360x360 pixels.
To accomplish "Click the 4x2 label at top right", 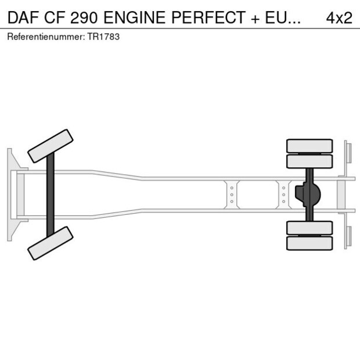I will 339,17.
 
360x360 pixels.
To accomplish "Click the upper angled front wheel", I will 51,146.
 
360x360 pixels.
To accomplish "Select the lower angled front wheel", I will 51,243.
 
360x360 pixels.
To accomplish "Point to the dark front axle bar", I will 51,194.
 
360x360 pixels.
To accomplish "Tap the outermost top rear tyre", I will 309,145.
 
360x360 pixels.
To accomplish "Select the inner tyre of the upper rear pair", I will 309,161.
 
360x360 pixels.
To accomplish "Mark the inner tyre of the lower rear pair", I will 309,228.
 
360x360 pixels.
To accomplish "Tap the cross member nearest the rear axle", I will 283,195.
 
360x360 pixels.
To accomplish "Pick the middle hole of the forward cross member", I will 232,195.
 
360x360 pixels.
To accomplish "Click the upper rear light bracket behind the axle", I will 348,152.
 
